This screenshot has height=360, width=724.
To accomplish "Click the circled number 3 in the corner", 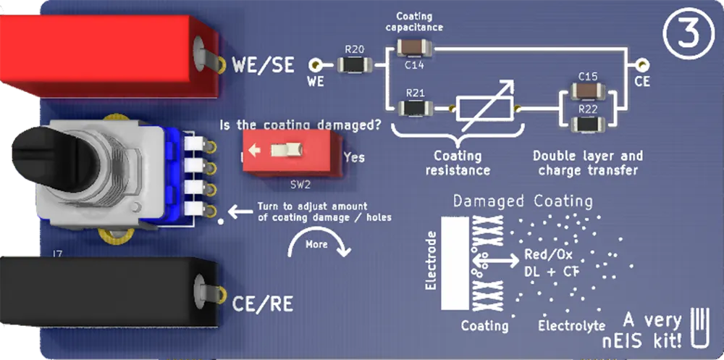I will [x=683, y=37].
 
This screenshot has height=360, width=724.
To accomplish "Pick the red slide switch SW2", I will [x=287, y=151].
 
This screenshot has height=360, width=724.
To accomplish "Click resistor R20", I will [x=355, y=64].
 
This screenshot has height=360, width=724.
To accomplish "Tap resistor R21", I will [x=415, y=109].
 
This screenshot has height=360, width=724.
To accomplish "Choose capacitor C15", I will [x=587, y=91].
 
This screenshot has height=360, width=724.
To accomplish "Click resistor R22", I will [x=587, y=124].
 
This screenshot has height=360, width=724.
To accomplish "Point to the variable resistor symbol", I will [x=484, y=109].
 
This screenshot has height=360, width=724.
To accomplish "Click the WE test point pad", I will [x=316, y=64].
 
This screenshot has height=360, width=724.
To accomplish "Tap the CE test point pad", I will [x=641, y=64].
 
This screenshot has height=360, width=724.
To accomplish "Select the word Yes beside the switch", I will [x=354, y=157].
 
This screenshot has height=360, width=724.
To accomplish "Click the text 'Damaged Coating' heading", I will [x=522, y=201].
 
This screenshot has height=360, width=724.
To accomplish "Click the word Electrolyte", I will [x=571, y=326].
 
